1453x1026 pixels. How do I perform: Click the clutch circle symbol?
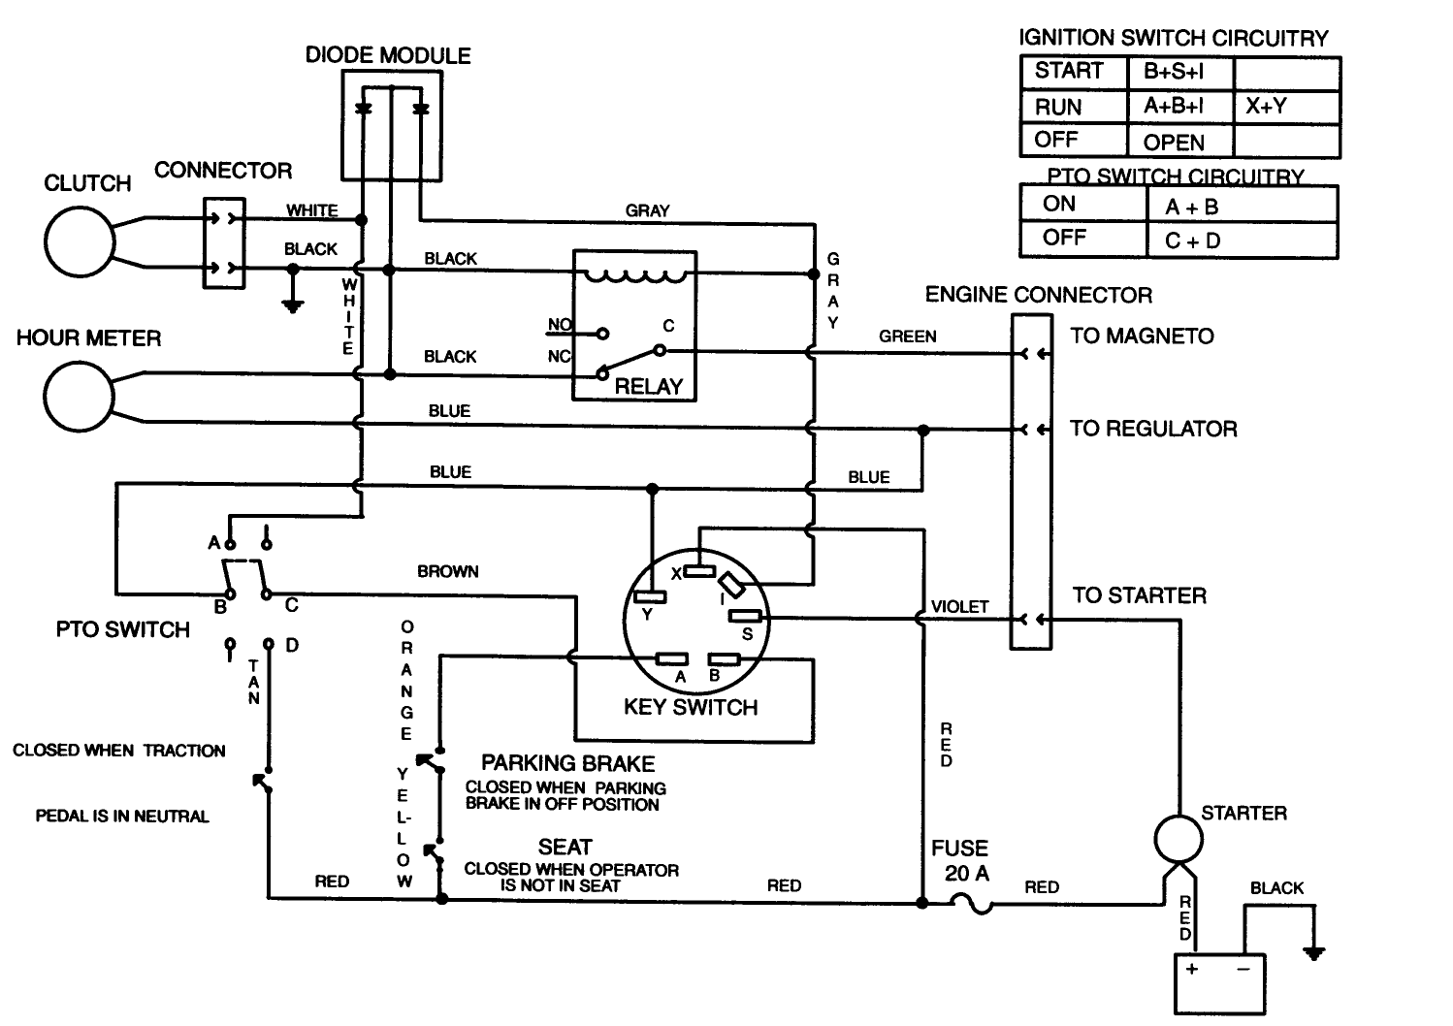tap(80, 241)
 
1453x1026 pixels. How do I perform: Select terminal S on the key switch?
tap(745, 616)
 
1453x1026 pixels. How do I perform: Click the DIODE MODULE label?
tap(388, 55)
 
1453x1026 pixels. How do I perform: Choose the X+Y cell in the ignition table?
tap(1266, 107)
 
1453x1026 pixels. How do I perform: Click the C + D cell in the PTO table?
tap(1192, 240)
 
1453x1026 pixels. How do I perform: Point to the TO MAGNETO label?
tap(1142, 337)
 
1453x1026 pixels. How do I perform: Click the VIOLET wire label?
tap(959, 607)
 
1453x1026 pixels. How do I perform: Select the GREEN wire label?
tap(907, 337)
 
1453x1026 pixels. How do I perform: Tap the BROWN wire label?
tap(447, 571)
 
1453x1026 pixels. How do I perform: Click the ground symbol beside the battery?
tap(1313, 952)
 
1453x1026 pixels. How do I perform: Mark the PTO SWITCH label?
tap(123, 630)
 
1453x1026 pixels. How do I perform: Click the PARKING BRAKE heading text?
tap(567, 763)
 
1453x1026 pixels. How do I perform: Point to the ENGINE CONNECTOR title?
tap(1038, 295)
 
